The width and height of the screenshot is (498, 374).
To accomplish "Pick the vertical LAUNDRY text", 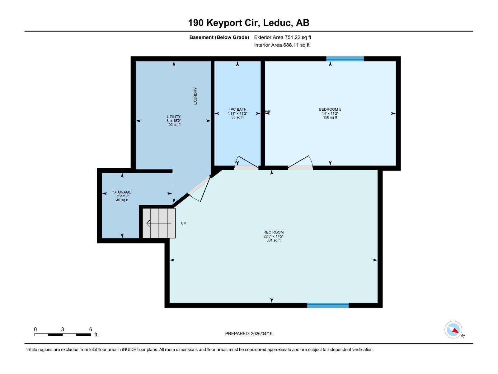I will [195, 96].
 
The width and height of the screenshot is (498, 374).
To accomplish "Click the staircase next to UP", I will [159, 223].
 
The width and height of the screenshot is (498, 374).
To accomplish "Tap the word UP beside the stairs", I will [184, 223].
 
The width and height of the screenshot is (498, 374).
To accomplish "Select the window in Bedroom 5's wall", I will [345, 59].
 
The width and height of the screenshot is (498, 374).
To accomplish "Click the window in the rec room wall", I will [328, 305].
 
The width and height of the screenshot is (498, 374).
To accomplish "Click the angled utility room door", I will [200, 189].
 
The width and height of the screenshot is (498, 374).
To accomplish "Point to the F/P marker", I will [268, 112].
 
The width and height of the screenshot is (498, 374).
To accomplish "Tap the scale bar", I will [62, 335].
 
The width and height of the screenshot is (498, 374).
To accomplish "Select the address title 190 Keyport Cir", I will [248, 23].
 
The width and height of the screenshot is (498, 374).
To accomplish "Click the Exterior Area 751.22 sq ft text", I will [282, 37].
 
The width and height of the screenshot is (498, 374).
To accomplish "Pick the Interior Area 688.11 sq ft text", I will [282, 45].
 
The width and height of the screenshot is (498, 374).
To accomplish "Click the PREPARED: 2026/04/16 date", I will [249, 333].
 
